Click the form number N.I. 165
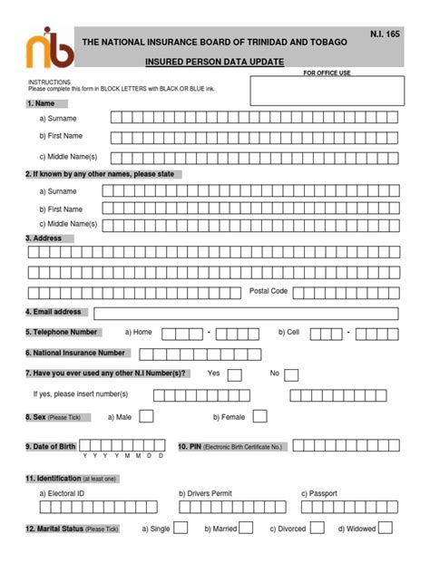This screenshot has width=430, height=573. point(385,34)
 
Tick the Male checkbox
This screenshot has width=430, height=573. point(146,416)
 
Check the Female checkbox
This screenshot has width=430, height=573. point(260,416)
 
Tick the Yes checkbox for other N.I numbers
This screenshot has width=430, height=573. point(234,374)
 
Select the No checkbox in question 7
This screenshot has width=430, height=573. point(292,374)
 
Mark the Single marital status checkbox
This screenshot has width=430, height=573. point(181,528)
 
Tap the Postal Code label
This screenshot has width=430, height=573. point(269,291)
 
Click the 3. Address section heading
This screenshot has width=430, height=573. point(44,238)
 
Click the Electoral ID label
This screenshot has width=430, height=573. point(62,493)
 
